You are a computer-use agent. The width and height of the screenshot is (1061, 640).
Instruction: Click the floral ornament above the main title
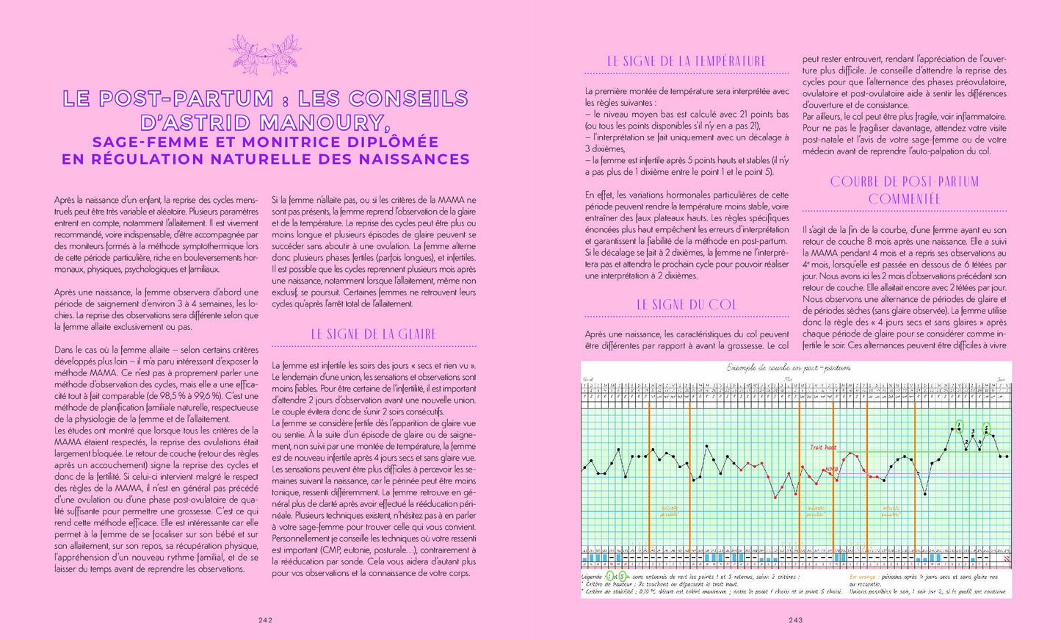(x=265, y=54)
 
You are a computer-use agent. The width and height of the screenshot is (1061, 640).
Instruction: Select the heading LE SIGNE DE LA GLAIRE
(x=374, y=334)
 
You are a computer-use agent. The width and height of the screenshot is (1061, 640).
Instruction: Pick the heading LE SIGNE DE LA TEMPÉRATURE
(x=687, y=62)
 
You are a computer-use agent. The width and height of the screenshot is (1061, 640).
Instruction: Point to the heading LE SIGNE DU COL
(x=687, y=305)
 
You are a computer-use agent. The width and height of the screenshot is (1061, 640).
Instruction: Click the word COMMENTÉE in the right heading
(x=905, y=199)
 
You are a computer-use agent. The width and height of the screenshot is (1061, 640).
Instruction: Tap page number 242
(x=266, y=620)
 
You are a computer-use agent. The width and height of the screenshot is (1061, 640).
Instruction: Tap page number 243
(x=796, y=620)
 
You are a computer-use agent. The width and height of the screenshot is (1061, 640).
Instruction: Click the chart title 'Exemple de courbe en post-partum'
(x=789, y=367)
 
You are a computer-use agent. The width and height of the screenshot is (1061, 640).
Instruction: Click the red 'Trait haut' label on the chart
(x=822, y=447)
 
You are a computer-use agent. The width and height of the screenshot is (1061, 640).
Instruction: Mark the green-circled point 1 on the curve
(x=959, y=425)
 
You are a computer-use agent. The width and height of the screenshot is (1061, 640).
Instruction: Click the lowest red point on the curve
(x=775, y=497)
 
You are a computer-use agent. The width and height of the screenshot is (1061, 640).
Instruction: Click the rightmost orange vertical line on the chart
(x=915, y=478)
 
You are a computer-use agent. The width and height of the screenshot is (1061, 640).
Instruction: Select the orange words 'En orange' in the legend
(x=862, y=577)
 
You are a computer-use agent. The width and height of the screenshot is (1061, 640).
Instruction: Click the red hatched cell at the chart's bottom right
(x=1007, y=558)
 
